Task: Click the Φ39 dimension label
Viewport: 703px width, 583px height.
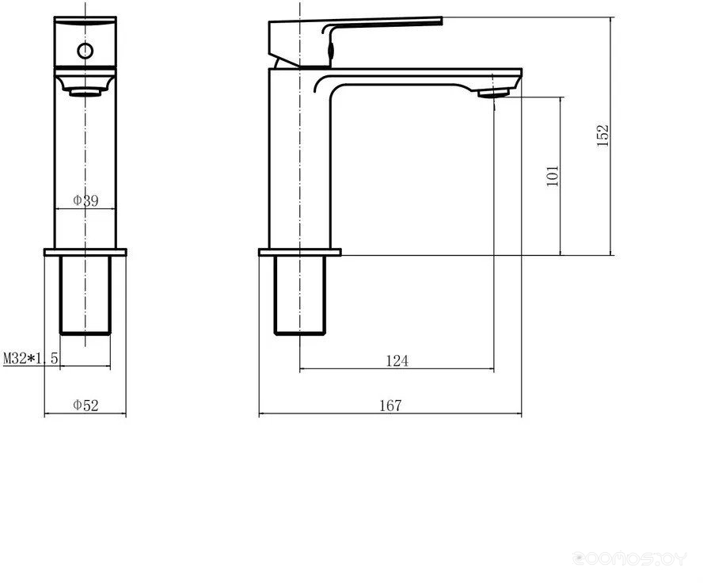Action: (x=85, y=200)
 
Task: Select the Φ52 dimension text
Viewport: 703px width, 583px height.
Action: (x=85, y=406)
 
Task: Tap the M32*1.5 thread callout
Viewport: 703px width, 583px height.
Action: (x=31, y=358)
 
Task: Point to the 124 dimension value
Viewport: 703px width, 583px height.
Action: (x=397, y=360)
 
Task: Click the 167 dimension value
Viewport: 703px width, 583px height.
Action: (x=391, y=406)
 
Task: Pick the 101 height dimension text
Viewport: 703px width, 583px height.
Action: (x=553, y=176)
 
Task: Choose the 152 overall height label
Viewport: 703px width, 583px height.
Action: (x=603, y=135)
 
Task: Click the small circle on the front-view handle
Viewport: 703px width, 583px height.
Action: (x=85, y=51)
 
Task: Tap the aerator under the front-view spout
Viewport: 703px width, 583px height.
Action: (x=85, y=93)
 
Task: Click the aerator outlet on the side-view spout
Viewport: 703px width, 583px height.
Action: (x=493, y=93)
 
